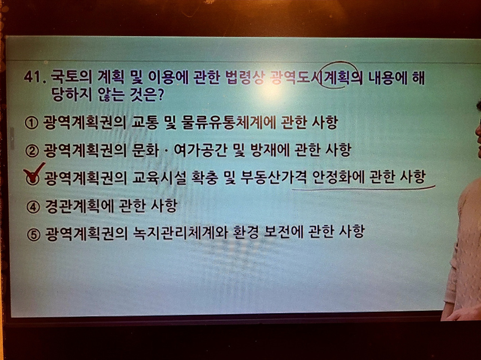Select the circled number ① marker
tap(31, 123)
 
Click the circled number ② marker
tap(32, 151)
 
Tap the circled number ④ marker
tap(33, 207)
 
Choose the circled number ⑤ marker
tap(33, 234)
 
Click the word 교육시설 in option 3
tap(159, 178)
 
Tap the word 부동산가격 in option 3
tap(273, 177)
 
